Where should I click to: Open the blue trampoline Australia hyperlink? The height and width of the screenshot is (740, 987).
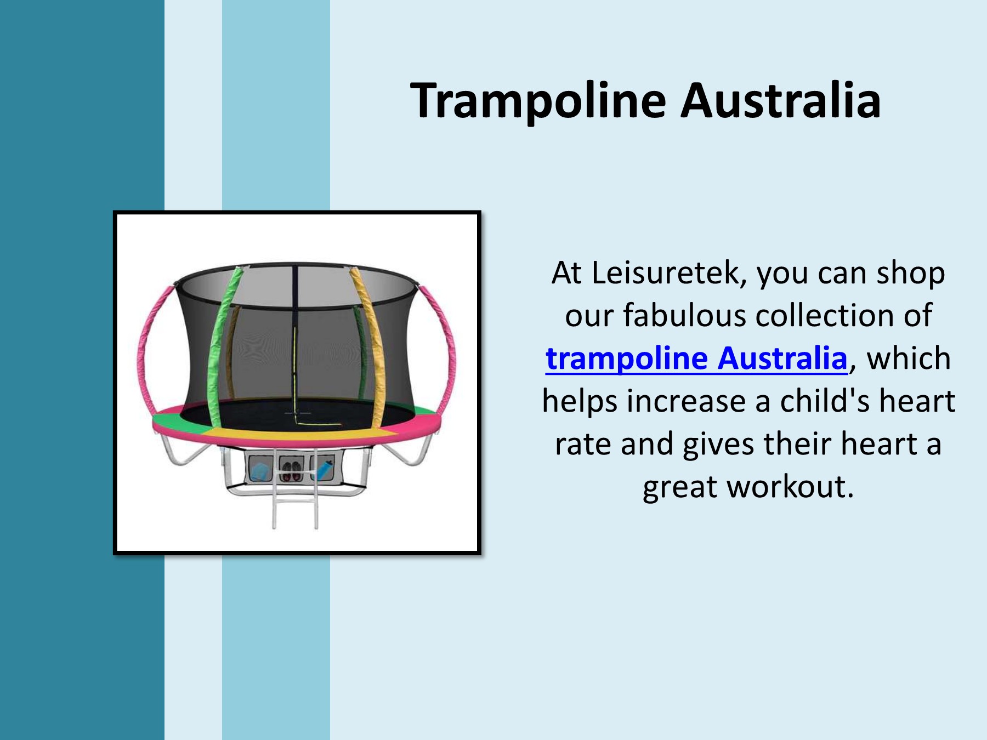pos(696,358)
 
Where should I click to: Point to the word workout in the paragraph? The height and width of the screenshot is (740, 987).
pos(790,487)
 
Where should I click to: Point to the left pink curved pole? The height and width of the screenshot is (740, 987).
pos(144,351)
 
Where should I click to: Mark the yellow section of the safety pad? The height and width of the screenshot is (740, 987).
pos(296,435)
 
